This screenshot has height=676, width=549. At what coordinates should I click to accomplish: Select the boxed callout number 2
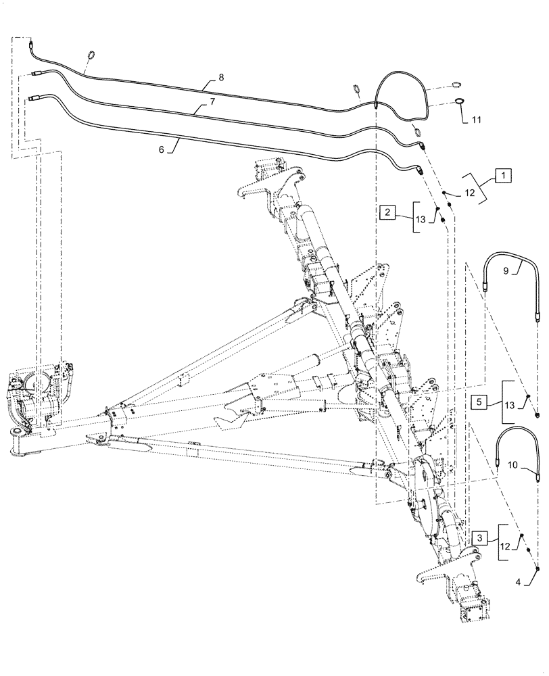pyautogui.click(x=387, y=213)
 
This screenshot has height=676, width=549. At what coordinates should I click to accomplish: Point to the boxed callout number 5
pyautogui.click(x=479, y=401)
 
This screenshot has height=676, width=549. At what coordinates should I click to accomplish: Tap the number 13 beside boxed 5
pyautogui.click(x=510, y=406)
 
